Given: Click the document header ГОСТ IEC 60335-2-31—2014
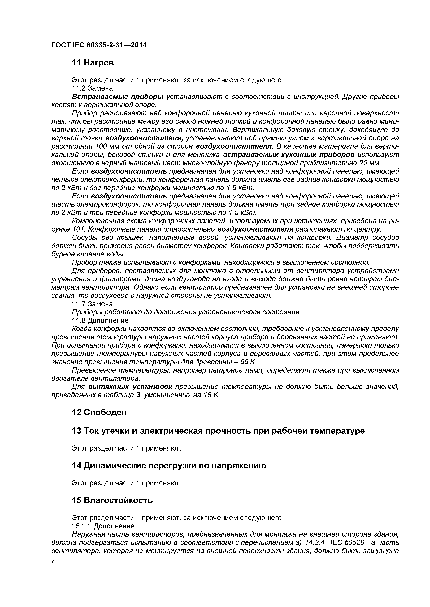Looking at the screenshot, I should click(99, 45).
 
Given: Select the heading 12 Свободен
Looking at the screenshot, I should click(99, 412).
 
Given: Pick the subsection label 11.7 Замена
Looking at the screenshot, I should click(92, 304).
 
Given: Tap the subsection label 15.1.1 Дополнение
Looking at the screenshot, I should click(103, 526).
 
